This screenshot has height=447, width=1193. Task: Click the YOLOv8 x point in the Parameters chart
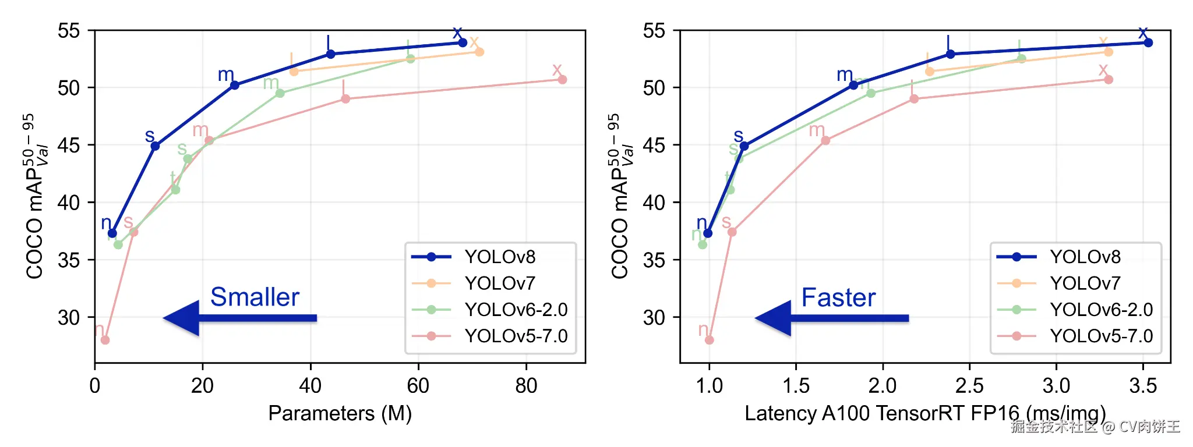click(x=463, y=42)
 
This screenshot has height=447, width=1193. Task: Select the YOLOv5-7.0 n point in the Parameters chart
click(x=105, y=340)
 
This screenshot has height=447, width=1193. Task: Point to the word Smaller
click(x=255, y=297)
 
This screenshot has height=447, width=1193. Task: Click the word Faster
click(x=838, y=298)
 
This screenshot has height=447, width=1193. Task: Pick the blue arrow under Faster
click(x=831, y=318)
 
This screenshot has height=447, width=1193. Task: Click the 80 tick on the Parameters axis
click(x=526, y=386)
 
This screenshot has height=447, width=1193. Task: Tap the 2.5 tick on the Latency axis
click(x=969, y=386)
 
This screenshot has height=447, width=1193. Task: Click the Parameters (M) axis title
click(x=340, y=413)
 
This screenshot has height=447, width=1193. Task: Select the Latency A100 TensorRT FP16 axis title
click(x=924, y=413)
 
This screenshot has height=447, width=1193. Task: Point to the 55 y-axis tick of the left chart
click(x=69, y=31)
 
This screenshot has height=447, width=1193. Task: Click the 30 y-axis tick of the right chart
click(x=654, y=318)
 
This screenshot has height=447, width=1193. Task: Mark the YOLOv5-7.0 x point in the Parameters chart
click(x=562, y=79)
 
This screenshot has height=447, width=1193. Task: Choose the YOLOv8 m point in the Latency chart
click(x=853, y=85)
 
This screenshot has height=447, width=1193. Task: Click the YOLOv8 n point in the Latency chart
click(x=708, y=233)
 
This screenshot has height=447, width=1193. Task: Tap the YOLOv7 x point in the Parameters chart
click(x=479, y=52)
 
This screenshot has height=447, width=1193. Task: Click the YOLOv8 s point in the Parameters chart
click(x=155, y=146)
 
